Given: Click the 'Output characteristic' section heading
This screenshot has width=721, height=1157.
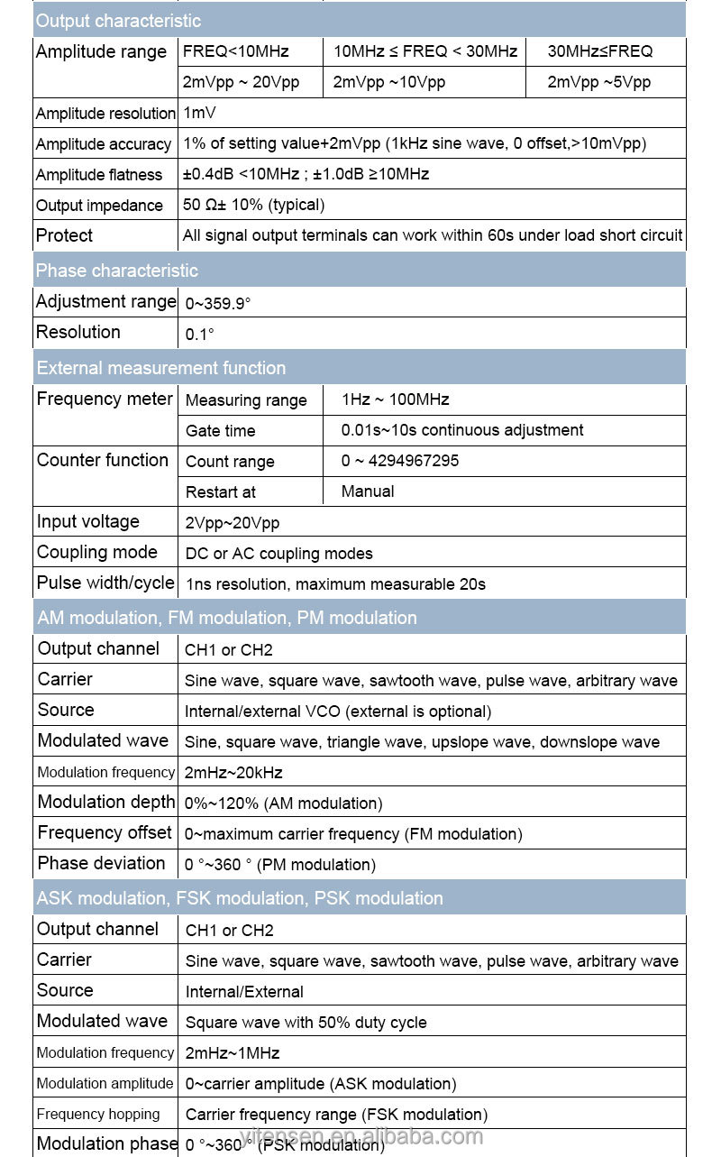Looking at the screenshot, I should (118, 21).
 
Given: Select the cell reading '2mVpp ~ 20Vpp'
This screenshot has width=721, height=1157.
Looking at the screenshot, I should (240, 82).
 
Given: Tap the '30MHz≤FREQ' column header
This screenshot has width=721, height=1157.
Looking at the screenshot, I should (599, 51).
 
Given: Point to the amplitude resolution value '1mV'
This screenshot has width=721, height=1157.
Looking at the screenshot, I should (199, 113).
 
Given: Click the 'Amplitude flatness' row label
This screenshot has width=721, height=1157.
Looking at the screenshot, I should (99, 175).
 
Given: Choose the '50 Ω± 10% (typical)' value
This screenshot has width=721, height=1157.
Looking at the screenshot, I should (253, 205).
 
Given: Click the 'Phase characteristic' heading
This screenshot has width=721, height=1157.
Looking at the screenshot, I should (116, 271).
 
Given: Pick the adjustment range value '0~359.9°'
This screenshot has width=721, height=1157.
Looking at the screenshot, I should (217, 304).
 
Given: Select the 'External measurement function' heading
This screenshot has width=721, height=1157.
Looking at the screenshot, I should (161, 368).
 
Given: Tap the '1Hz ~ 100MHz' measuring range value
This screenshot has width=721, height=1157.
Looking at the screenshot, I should (395, 399).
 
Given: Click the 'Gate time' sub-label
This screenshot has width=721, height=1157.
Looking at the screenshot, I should (220, 431).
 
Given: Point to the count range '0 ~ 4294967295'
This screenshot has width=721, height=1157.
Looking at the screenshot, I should (399, 461).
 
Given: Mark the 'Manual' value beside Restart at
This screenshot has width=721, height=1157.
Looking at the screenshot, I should (368, 491).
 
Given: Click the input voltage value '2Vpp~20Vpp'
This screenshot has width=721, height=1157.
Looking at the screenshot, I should (232, 523).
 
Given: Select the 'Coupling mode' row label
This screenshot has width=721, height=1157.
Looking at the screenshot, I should (97, 552).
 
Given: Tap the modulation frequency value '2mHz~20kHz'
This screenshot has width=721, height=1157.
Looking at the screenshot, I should (233, 773).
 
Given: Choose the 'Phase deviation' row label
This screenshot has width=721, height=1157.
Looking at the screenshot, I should (102, 863).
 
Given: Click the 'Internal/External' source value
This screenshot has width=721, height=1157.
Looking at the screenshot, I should (244, 992).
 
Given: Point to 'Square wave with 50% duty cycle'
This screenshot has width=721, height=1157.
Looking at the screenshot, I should (306, 1023).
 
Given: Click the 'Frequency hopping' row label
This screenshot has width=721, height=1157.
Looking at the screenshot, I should (98, 1114).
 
